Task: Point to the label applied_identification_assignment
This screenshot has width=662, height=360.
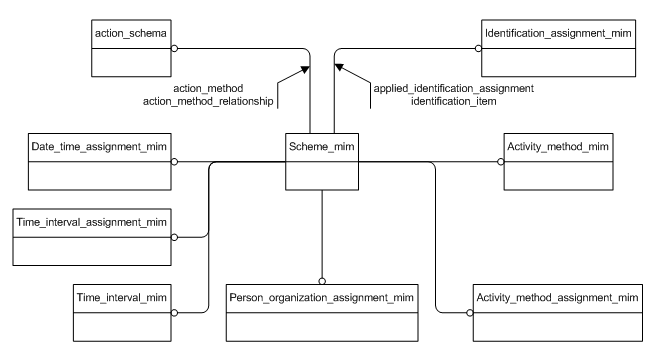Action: click(453, 89)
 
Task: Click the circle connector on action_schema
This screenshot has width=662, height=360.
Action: click(174, 46)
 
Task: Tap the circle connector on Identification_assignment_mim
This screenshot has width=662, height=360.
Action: click(478, 46)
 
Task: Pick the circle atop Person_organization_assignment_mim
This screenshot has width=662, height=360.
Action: click(322, 280)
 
